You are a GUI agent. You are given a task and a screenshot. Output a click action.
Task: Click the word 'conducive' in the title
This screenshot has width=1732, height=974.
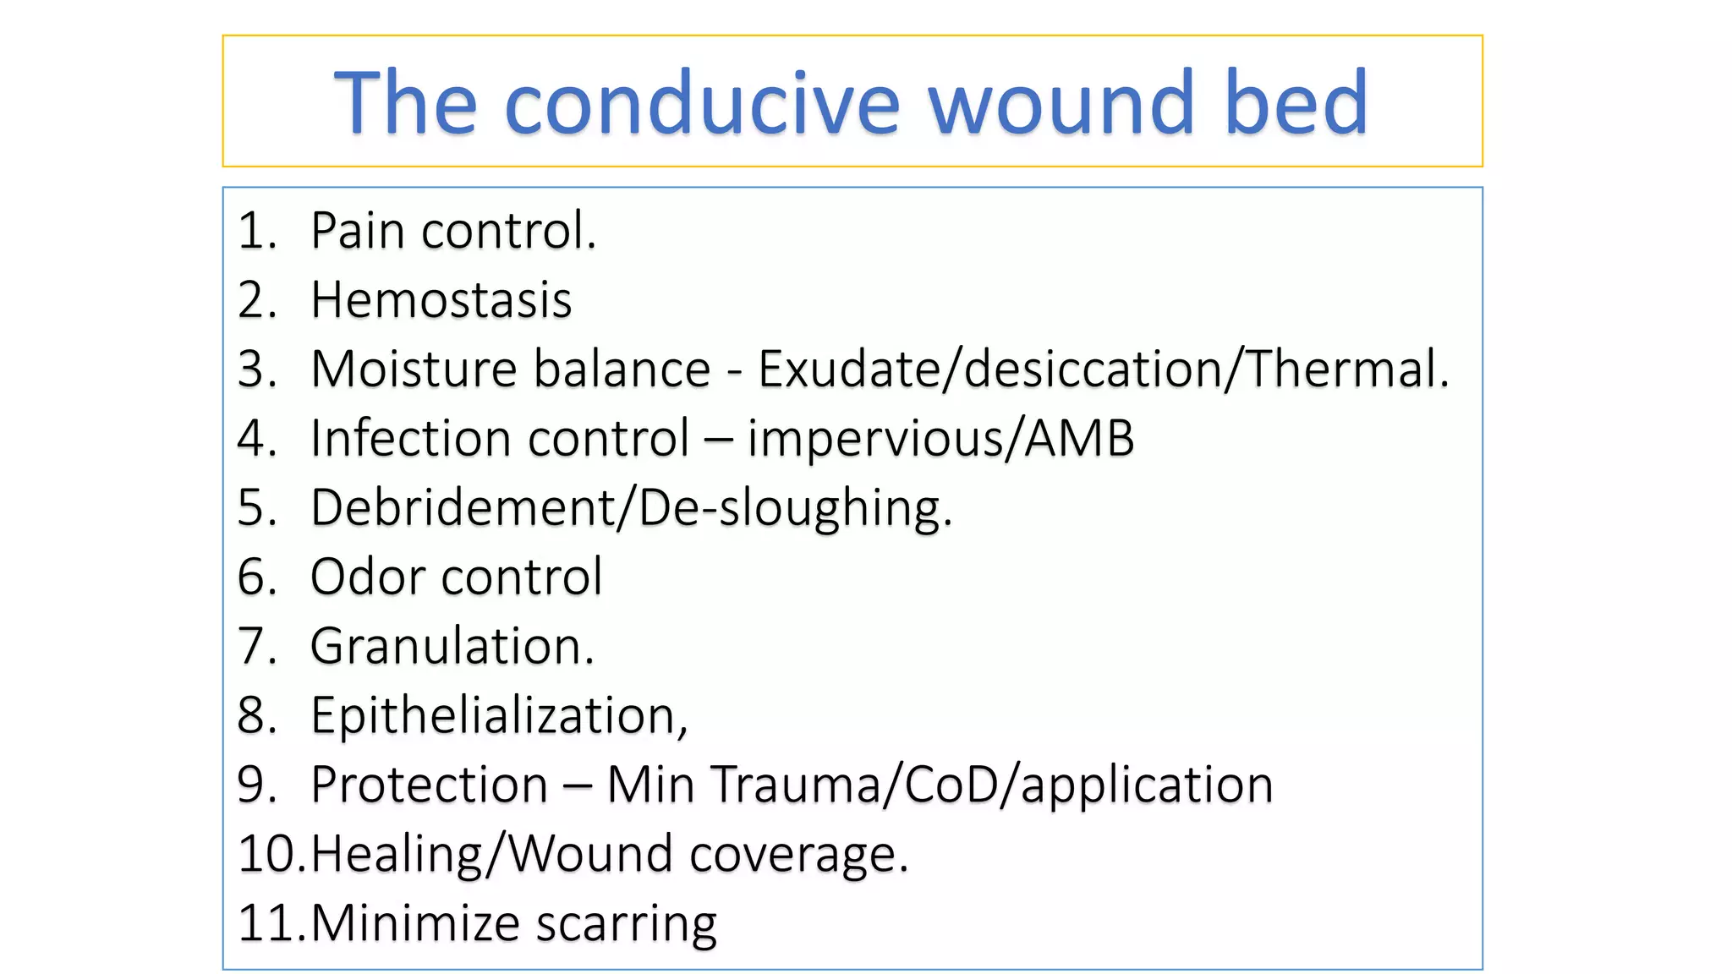click(702, 103)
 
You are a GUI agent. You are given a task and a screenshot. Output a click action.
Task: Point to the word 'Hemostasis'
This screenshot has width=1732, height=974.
click(441, 300)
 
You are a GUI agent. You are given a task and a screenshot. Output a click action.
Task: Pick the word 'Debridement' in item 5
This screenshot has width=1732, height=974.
click(463, 508)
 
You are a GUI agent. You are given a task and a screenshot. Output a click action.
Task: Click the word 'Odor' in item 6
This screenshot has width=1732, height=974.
click(367, 577)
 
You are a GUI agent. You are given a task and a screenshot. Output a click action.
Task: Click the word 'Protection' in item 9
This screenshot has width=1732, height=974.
click(430, 785)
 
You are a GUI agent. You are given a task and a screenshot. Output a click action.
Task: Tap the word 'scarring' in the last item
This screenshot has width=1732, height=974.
click(627, 923)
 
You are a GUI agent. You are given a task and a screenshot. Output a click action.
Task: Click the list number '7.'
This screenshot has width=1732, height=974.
click(256, 647)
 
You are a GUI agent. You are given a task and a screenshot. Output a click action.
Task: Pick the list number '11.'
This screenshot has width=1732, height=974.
click(271, 923)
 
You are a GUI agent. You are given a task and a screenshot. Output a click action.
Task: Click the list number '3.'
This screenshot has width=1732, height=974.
click(256, 369)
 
